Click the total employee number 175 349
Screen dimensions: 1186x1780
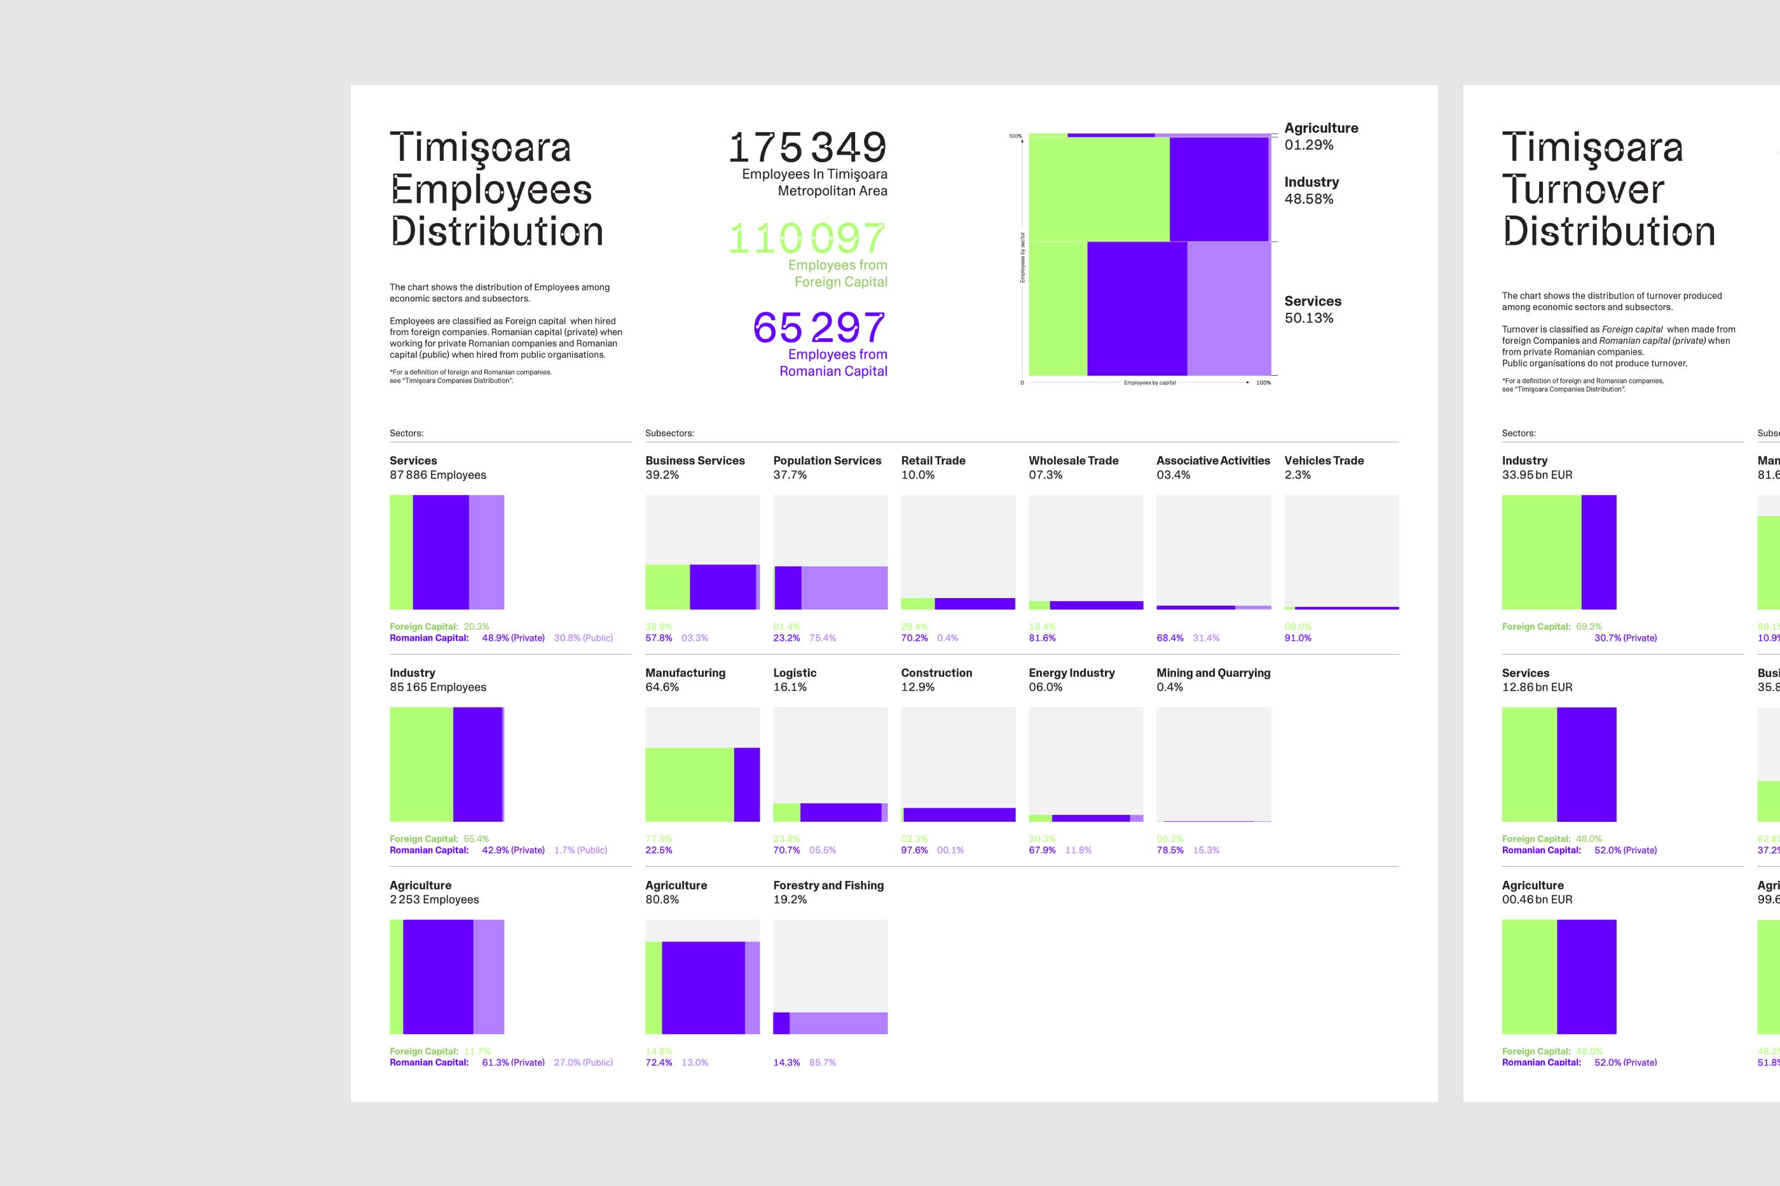pos(807,147)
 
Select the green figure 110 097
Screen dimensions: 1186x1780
pos(807,239)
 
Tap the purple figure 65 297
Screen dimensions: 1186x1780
pos(819,328)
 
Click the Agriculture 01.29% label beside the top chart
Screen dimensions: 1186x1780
pos(1321,136)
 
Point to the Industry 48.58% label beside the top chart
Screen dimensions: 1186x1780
pos(1311,191)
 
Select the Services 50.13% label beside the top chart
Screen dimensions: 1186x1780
pos(1313,310)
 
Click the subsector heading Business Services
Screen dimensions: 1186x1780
pos(694,461)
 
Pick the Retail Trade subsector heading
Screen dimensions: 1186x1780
pos(933,461)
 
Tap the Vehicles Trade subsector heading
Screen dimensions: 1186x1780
pos(1324,461)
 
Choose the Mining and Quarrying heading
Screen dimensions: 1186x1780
pos(1213,672)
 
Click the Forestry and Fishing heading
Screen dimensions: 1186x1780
pos(828,885)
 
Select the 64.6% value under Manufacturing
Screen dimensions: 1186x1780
pos(662,687)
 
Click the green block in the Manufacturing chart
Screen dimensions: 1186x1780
pos(689,784)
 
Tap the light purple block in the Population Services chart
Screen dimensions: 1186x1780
pos(844,588)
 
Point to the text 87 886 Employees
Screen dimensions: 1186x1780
pos(437,475)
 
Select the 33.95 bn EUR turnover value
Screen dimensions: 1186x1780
pos(1537,475)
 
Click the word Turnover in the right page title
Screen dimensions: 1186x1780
pos(1582,189)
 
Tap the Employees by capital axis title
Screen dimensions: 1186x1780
pos(1149,383)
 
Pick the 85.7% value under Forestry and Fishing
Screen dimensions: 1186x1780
pos(822,1063)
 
